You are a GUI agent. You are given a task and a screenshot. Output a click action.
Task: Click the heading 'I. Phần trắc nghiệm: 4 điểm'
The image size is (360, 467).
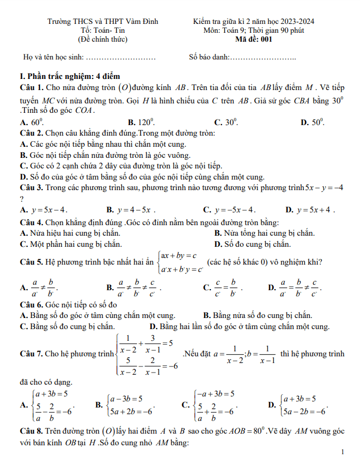coord(69,76)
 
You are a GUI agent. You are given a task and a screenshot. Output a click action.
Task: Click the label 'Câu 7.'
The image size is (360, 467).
coord(31,354)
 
